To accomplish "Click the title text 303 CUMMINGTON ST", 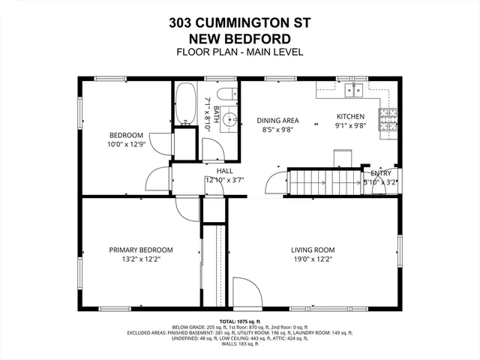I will [x=240, y=22].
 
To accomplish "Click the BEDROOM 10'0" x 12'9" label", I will [x=125, y=140].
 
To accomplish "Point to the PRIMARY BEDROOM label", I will [x=141, y=250].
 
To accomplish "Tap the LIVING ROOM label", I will [x=313, y=250].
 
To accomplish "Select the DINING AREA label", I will [x=277, y=120].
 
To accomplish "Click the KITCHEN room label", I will [x=350, y=116].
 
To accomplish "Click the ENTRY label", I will [x=380, y=173].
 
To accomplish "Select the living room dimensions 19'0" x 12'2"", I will [x=313, y=259].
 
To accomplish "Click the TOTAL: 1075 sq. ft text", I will [x=240, y=321].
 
